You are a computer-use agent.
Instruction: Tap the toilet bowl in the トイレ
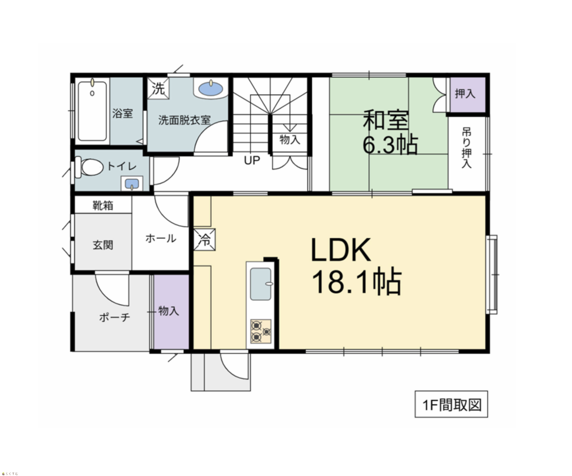click(89, 167)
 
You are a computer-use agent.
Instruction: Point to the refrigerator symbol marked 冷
click(205, 239)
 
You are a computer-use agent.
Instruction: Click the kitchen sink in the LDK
click(261, 284)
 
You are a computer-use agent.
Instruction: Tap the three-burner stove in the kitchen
click(261, 331)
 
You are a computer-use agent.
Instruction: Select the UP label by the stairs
click(252, 160)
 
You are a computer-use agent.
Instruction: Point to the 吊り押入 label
click(466, 148)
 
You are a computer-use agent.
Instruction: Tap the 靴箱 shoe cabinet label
click(103, 205)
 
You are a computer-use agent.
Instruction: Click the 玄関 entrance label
click(103, 245)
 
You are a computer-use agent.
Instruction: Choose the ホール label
click(161, 239)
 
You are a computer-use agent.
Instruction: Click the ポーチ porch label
click(115, 317)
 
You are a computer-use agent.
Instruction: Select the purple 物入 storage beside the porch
click(171, 312)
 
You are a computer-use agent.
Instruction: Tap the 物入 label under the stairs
click(290, 140)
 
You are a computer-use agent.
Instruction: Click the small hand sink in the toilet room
click(132, 183)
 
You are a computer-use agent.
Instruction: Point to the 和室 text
click(386, 120)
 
